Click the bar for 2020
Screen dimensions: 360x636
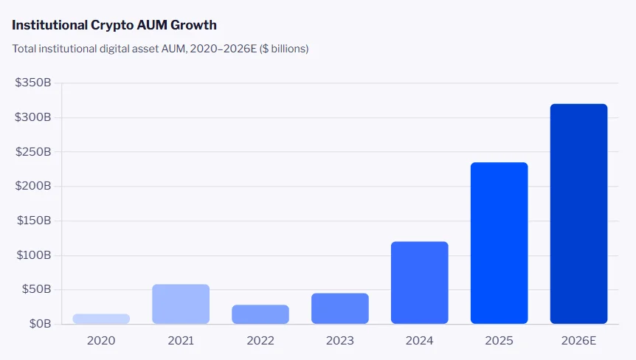(101, 319)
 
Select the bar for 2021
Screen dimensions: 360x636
(181, 304)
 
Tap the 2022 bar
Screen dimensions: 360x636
(260, 314)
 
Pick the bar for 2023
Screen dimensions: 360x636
(340, 308)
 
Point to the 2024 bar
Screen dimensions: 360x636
(420, 283)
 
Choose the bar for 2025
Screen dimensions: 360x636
(500, 243)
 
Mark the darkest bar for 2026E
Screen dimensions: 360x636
(579, 214)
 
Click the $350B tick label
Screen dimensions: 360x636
(33, 83)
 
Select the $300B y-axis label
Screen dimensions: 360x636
(33, 117)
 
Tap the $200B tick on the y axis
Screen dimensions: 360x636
(33, 187)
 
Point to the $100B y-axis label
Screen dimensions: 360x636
(33, 255)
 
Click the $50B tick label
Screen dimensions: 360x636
(35, 289)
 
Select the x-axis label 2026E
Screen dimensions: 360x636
(579, 341)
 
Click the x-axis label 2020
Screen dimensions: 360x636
(101, 341)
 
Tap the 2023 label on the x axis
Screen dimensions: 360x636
(340, 341)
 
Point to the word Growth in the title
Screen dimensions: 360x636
(194, 25)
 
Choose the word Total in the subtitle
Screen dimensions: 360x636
(24, 49)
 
